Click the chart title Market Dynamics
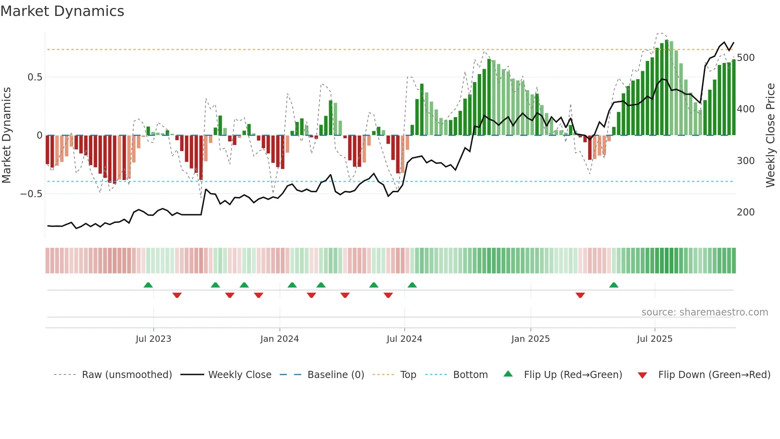coord(62,11)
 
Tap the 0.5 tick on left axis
coord(35,77)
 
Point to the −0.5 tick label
coord(31,194)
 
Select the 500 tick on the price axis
coord(745,58)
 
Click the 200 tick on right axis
coord(745,212)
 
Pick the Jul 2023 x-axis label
coord(153,339)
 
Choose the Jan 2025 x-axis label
coord(530,339)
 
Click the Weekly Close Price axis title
coord(770,135)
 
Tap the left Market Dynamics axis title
coord(6,135)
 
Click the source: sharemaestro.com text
coord(704,312)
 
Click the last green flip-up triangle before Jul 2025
coord(614,285)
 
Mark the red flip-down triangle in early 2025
coord(580,295)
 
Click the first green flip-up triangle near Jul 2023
coord(148,285)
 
